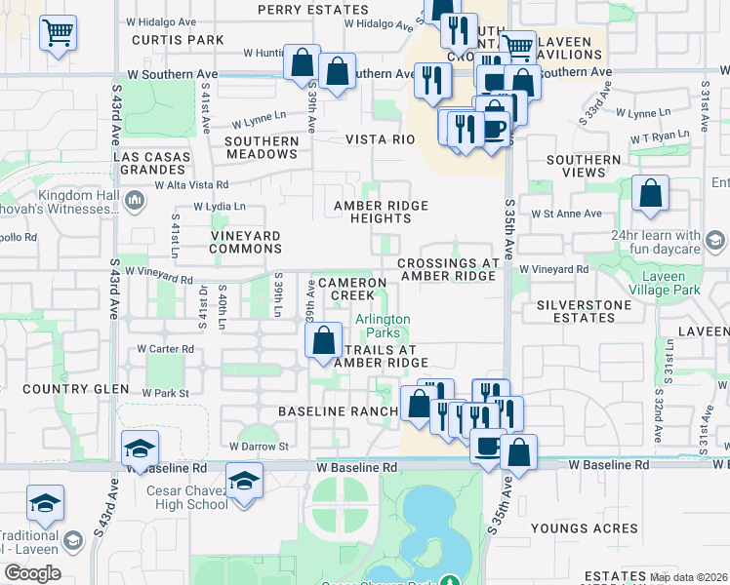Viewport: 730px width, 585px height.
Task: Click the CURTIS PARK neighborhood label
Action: [x=179, y=40]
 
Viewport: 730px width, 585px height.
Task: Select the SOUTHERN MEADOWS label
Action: [x=262, y=147]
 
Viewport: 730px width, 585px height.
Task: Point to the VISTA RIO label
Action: [x=381, y=139]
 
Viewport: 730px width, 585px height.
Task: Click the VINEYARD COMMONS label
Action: [x=246, y=242]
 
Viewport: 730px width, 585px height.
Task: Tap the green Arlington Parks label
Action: [x=383, y=326]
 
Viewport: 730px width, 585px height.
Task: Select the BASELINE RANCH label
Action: [x=338, y=411]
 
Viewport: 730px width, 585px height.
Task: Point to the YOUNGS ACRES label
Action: [x=585, y=528]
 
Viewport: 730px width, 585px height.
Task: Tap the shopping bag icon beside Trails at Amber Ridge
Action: [x=323, y=341]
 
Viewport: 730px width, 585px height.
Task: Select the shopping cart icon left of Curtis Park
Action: [x=58, y=32]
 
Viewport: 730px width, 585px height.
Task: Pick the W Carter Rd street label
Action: [x=165, y=348]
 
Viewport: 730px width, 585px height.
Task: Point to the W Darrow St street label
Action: [x=260, y=447]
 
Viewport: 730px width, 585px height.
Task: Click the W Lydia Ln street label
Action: [x=220, y=207]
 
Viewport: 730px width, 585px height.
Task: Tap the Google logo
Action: [x=32, y=573]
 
